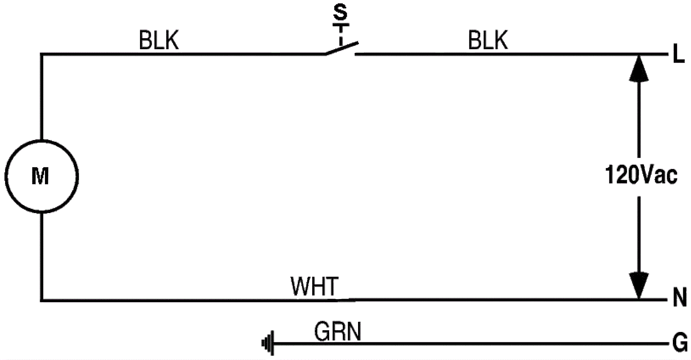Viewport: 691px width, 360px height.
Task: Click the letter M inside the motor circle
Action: tap(40, 176)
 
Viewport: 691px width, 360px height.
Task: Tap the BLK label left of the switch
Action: tap(158, 41)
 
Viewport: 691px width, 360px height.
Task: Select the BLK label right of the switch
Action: tap(488, 41)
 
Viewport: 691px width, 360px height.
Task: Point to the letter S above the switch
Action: tap(340, 13)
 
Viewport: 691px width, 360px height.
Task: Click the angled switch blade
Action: tap(342, 48)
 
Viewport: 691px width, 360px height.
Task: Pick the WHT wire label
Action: tap(314, 286)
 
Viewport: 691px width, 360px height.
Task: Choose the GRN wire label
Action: tap(337, 332)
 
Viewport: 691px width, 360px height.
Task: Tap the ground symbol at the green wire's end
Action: tap(268, 344)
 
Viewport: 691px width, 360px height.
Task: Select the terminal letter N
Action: tap(679, 298)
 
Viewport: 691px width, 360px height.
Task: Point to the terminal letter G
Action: tap(680, 344)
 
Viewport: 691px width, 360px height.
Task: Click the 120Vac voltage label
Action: tap(641, 175)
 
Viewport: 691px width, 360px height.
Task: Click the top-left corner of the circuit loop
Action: tap(41, 54)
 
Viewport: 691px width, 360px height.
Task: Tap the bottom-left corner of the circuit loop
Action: tap(41, 299)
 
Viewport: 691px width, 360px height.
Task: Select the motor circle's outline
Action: tap(78, 176)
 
